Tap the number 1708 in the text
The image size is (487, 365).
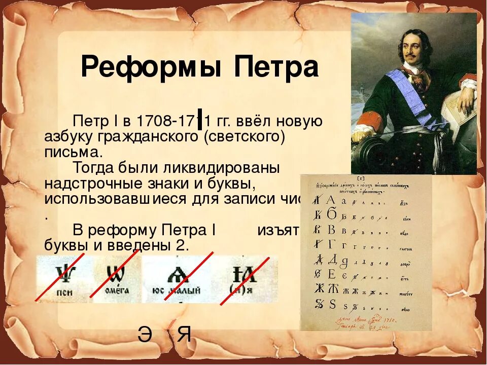point(153,122)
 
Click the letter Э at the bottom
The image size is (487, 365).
point(145,335)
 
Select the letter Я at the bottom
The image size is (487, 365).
point(185,335)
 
